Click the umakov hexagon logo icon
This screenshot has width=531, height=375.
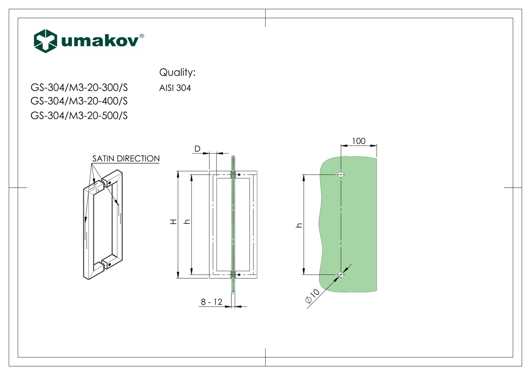point(46,41)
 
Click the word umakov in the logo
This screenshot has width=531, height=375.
point(100,41)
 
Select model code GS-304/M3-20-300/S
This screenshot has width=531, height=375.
point(79,87)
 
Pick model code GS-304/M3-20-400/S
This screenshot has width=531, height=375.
point(79,101)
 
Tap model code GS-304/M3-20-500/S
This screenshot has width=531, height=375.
point(79,115)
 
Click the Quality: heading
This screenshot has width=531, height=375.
point(177,72)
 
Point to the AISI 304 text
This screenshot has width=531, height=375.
point(175,88)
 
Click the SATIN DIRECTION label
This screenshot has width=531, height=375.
point(126,158)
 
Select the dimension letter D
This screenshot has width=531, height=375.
point(197,148)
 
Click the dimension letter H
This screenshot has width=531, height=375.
point(174,221)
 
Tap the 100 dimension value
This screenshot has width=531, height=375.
point(358,141)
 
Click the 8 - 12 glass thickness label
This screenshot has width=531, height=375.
point(211,302)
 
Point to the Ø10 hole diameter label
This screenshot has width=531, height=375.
point(313,296)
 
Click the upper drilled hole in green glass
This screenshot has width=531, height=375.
point(341,174)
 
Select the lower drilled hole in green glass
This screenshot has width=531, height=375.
point(341,275)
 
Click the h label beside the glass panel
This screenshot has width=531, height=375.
point(299,225)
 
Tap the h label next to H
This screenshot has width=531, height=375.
point(187,221)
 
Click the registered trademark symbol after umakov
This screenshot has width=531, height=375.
point(142,36)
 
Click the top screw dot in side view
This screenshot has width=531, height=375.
point(239,175)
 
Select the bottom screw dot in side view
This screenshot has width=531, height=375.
point(239,275)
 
